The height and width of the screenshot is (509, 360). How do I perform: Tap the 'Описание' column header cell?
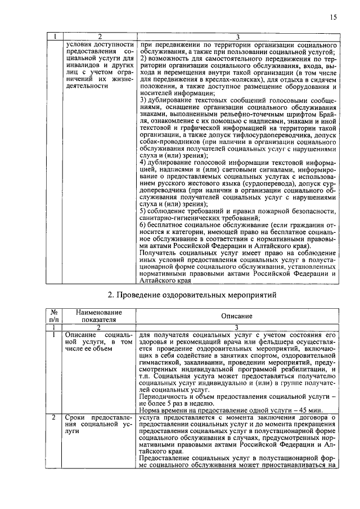(236, 316)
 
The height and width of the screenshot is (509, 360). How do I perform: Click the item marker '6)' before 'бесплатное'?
(143, 224)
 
